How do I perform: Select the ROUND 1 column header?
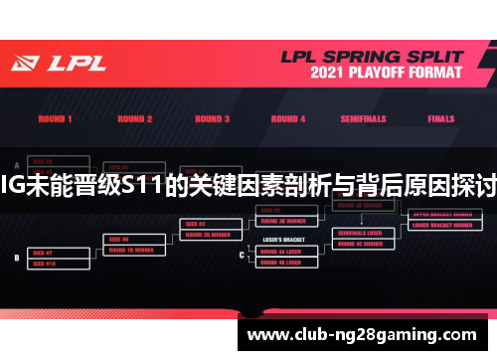[55, 119]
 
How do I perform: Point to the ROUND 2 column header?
[135, 119]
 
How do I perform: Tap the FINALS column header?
[440, 119]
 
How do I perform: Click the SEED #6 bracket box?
[130, 240]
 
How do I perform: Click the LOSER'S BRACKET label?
[279, 241]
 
